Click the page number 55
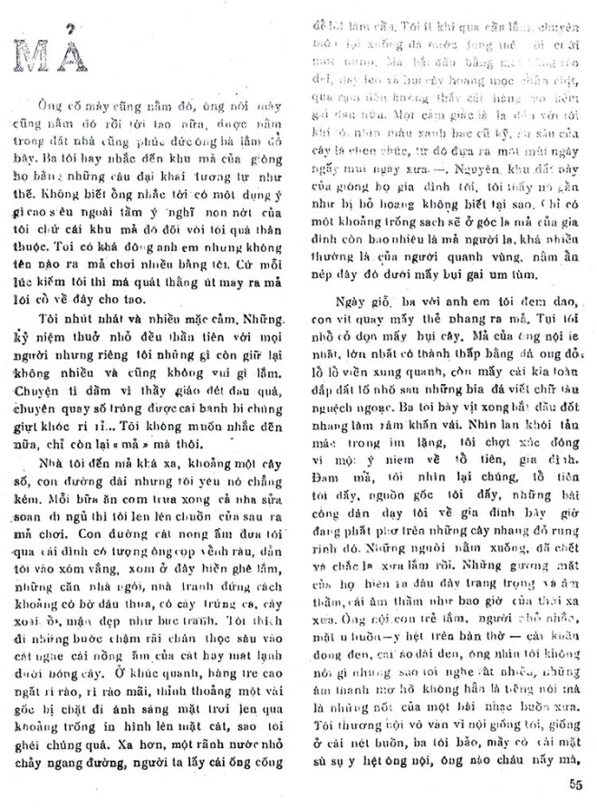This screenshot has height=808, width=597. point(575,784)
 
